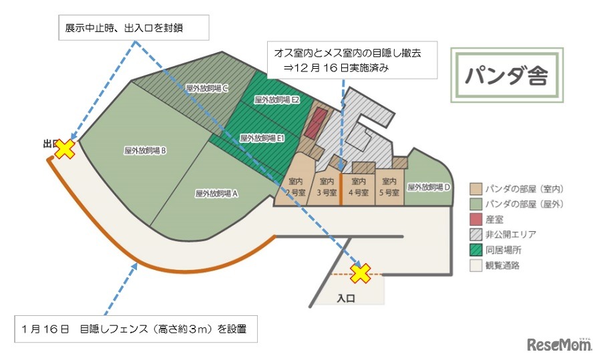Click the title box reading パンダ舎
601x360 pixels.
507,75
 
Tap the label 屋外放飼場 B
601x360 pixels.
145,151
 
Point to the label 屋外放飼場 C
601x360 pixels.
208,87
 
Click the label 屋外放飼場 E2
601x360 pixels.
277,100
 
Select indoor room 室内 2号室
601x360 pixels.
296,186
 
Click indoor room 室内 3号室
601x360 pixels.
327,186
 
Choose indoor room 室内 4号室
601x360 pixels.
358,186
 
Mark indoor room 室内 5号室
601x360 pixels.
389,186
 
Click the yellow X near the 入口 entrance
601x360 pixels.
361,273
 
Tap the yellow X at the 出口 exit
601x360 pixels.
65,148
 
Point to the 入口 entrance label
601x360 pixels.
345,299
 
